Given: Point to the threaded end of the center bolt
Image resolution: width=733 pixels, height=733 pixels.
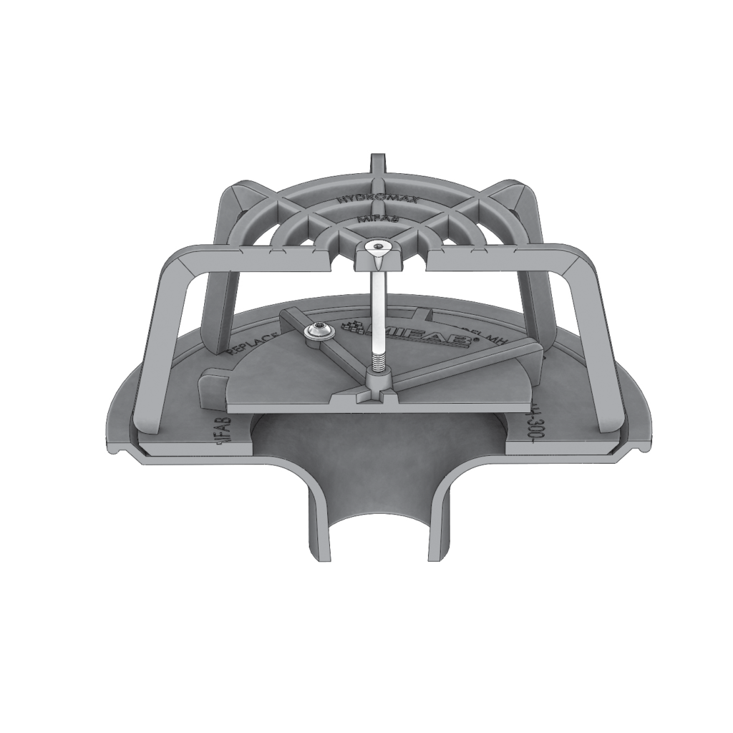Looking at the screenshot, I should point(377,355).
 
